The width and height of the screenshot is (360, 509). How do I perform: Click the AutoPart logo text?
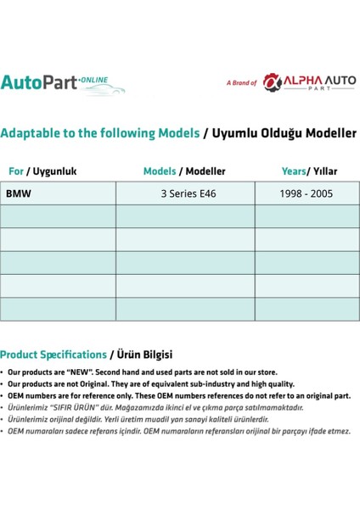click(38, 82)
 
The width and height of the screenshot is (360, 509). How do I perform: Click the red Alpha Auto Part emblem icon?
click(271, 81)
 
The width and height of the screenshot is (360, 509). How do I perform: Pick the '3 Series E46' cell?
click(188, 193)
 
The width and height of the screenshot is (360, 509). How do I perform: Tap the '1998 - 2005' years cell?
click(306, 193)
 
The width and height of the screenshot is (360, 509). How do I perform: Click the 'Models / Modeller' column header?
click(184, 171)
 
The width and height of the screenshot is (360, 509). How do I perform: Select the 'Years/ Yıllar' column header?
click(309, 171)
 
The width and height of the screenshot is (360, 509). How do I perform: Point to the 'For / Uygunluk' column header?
click(42, 171)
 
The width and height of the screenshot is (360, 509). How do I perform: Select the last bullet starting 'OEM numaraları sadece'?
click(178, 431)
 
